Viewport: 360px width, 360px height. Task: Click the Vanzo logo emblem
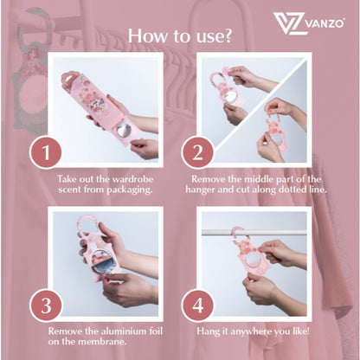coord(288,23)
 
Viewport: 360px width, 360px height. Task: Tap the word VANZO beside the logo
coord(325,23)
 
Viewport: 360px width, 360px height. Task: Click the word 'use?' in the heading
coord(214,36)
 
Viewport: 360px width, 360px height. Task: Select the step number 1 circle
coord(46,152)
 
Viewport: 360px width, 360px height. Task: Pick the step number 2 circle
coord(197,152)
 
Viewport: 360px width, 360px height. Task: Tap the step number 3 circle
coord(46,305)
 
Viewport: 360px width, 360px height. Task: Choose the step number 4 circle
coord(197,305)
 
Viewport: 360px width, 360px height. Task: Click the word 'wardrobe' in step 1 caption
coord(132,179)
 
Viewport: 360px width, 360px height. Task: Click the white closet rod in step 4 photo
coord(254,233)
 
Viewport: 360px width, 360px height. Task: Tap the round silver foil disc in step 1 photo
coord(125,130)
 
